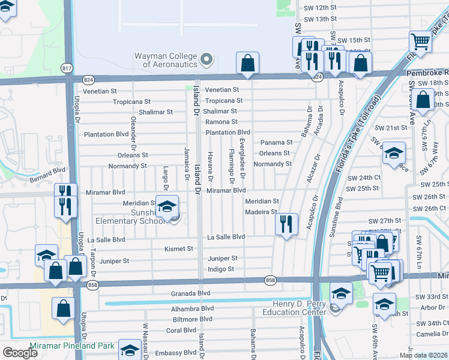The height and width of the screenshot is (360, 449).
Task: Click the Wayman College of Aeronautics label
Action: pyautogui.click(x=165, y=60)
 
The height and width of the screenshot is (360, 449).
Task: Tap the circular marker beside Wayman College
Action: pyautogui.click(x=207, y=59)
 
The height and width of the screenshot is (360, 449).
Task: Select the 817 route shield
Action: pyautogui.click(x=67, y=69)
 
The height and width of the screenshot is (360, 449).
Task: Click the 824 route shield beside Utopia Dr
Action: pyautogui.click(x=88, y=79)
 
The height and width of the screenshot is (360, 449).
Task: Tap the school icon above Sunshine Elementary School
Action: pyautogui.click(x=166, y=206)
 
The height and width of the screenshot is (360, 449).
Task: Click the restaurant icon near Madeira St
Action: pyautogui.click(x=286, y=224)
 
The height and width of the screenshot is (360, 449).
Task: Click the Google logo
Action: pyautogui.click(x=20, y=353)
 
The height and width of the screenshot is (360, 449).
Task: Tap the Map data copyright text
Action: pyautogui.click(x=423, y=355)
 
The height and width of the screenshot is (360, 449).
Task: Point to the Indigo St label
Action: pyautogui.click(x=221, y=269)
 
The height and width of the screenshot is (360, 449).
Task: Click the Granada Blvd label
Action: pyautogui.click(x=191, y=293)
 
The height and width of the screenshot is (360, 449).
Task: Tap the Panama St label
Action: pyautogui.click(x=276, y=143)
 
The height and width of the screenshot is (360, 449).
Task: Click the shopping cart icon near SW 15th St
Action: pyautogui.click(x=421, y=41)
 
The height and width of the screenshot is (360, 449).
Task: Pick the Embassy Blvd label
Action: pyautogui.click(x=175, y=353)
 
